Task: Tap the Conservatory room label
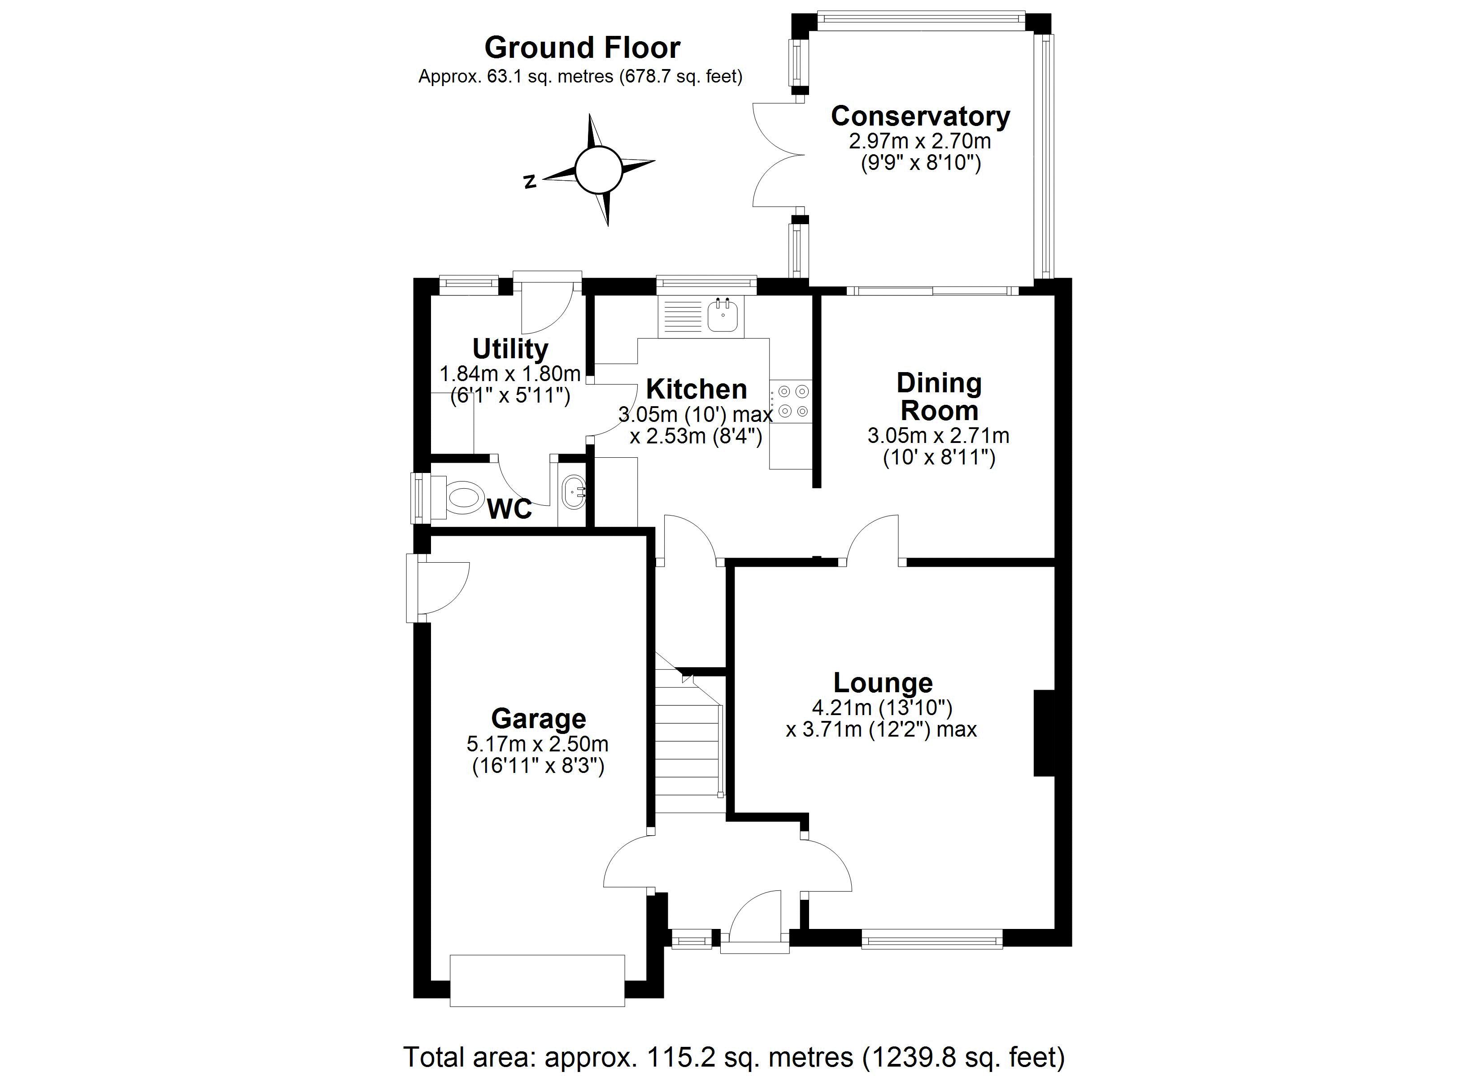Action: point(920,116)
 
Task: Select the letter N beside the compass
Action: point(531,182)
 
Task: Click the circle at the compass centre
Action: point(598,170)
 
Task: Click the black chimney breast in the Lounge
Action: point(1044,733)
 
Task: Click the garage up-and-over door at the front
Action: point(537,980)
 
